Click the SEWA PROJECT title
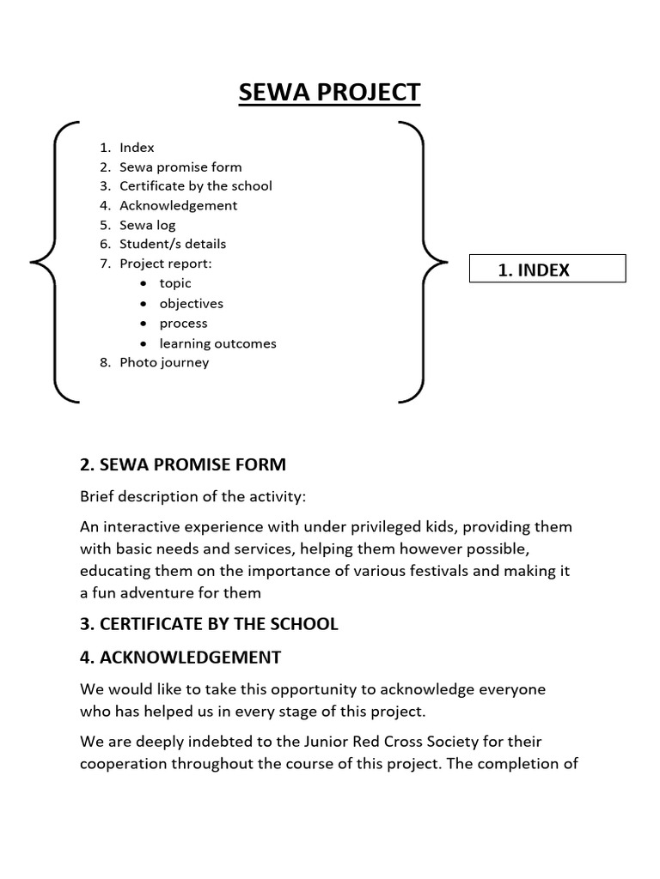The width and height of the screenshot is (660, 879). [329, 92]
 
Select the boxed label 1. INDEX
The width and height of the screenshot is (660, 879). [548, 270]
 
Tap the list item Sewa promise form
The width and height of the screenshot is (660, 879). [180, 167]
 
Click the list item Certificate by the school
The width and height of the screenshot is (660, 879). [195, 185]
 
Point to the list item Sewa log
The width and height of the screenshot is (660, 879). [147, 225]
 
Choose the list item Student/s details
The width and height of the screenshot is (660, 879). [173, 244]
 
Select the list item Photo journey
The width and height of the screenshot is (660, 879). [163, 361]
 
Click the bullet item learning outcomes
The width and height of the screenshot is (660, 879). [217, 343]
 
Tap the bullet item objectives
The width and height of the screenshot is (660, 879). [191, 303]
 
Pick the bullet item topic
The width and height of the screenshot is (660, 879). [175, 283]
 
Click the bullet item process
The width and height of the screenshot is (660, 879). [183, 323]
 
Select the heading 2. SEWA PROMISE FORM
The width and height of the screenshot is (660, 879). [182, 464]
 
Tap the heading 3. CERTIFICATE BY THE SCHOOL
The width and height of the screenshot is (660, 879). [209, 624]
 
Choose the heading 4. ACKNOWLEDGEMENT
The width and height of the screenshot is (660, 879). [180, 658]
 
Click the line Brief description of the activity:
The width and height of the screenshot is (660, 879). [192, 497]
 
